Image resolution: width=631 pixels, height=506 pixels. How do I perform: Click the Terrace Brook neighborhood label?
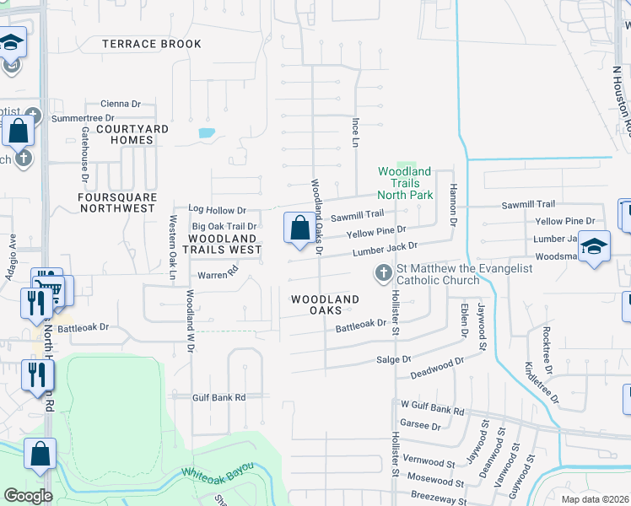[x=145, y=43]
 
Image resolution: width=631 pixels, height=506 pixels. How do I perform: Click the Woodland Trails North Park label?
[x=405, y=183]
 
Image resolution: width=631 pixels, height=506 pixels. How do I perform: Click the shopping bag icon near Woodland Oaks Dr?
[x=299, y=228]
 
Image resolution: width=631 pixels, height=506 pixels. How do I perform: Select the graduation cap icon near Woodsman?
[x=594, y=245]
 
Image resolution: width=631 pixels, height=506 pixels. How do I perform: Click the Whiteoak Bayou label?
[x=218, y=476]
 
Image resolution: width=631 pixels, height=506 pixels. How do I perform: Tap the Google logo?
[x=27, y=496]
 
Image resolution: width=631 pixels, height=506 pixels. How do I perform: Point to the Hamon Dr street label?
[x=452, y=205]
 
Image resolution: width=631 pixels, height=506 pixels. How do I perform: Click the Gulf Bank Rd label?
[x=218, y=397]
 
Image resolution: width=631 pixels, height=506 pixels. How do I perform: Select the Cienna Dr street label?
[x=120, y=104]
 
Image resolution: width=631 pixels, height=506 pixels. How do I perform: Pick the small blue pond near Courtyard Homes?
[x=206, y=132]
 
